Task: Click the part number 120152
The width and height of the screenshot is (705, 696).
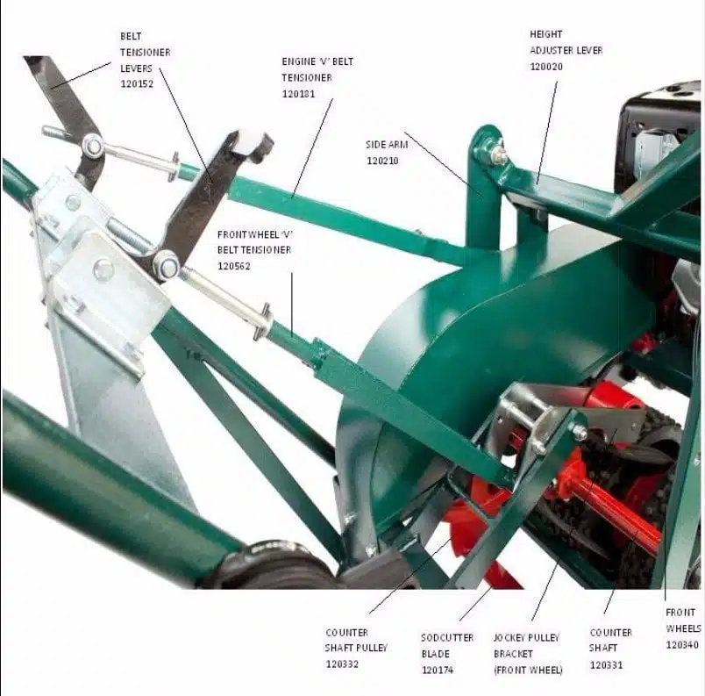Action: point(137,84)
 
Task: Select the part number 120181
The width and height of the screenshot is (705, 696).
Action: point(298,94)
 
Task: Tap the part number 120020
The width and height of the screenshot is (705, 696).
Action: point(546,67)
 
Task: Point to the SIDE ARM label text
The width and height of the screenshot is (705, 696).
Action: point(387,145)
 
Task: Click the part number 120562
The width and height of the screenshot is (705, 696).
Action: point(234,266)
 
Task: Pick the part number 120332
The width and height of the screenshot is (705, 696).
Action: point(342,664)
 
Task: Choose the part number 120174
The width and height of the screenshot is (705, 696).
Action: point(438,671)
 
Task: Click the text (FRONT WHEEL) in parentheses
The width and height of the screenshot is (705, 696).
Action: point(528,671)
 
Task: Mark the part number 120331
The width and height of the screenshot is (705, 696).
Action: point(606,665)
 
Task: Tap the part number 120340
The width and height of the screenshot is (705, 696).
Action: point(682,645)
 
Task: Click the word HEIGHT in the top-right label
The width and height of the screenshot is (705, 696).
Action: point(545,34)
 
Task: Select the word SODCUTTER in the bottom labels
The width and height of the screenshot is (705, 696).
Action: point(447,638)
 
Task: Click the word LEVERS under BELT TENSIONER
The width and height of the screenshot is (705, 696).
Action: point(136,68)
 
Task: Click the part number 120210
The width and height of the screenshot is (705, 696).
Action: point(382,161)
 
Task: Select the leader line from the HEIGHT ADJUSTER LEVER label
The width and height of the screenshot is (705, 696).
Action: point(547,133)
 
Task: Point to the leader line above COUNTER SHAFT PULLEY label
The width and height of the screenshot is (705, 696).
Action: point(411,575)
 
